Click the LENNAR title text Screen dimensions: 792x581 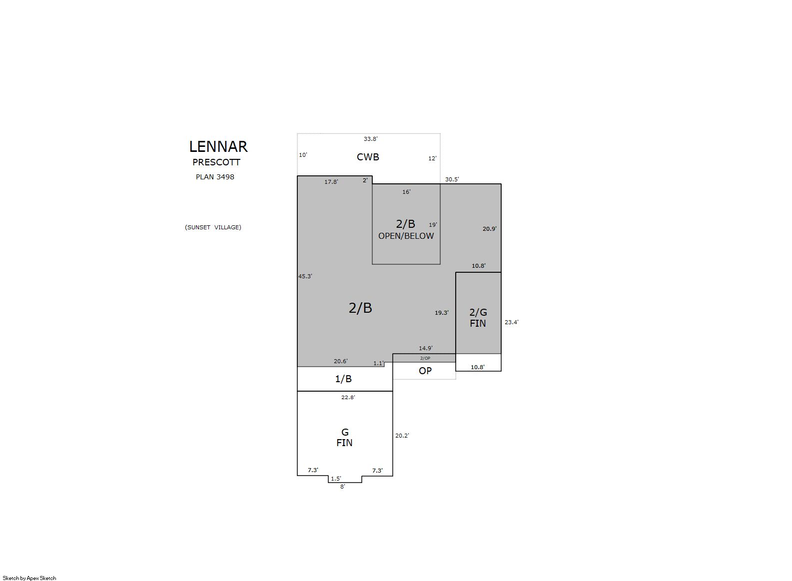click(218, 147)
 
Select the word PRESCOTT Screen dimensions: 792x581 click(216, 162)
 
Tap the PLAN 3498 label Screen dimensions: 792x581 click(215, 177)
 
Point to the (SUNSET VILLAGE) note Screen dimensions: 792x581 click(213, 227)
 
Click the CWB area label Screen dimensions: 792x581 click(368, 157)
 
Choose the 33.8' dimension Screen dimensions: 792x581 click(371, 139)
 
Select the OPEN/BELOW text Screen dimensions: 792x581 click(406, 236)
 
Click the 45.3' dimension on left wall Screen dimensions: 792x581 click(305, 276)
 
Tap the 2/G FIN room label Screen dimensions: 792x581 click(478, 318)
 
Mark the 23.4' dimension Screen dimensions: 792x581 click(511, 322)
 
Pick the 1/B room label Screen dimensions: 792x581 click(343, 379)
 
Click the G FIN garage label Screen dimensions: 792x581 click(344, 438)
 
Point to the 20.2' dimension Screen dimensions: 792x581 click(402, 436)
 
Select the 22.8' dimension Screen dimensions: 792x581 click(348, 397)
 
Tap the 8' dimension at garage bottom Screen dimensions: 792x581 click(343, 487)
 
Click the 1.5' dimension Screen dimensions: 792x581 click(336, 479)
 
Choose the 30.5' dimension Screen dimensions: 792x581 click(452, 179)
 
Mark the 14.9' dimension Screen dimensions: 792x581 click(426, 348)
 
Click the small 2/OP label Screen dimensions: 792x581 click(425, 358)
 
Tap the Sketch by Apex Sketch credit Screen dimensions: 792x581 click(29, 578)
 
